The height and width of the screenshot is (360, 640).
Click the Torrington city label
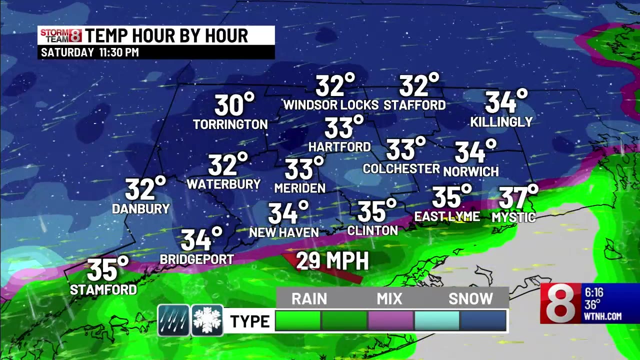point(230,124)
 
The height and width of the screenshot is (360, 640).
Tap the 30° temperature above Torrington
point(234,105)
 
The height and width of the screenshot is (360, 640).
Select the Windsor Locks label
point(331,105)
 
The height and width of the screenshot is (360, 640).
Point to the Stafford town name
point(414,105)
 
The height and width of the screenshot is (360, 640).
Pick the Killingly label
point(501,122)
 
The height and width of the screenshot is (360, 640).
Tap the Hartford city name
point(339,147)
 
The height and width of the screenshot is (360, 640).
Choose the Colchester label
point(401,169)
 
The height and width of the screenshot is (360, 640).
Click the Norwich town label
point(471,171)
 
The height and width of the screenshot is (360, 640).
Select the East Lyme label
point(447,216)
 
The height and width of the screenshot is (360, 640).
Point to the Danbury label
point(140,209)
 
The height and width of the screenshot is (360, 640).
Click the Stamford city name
point(103,289)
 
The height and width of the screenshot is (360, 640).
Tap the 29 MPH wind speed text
point(332,261)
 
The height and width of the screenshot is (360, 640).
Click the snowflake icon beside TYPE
point(207,320)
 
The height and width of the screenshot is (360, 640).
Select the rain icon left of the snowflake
point(173,320)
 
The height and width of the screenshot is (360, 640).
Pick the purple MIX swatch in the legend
point(390,320)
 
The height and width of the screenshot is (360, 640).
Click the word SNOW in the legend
point(470,298)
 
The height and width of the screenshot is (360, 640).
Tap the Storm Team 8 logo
point(60,35)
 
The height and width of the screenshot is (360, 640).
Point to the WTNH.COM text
point(602,316)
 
